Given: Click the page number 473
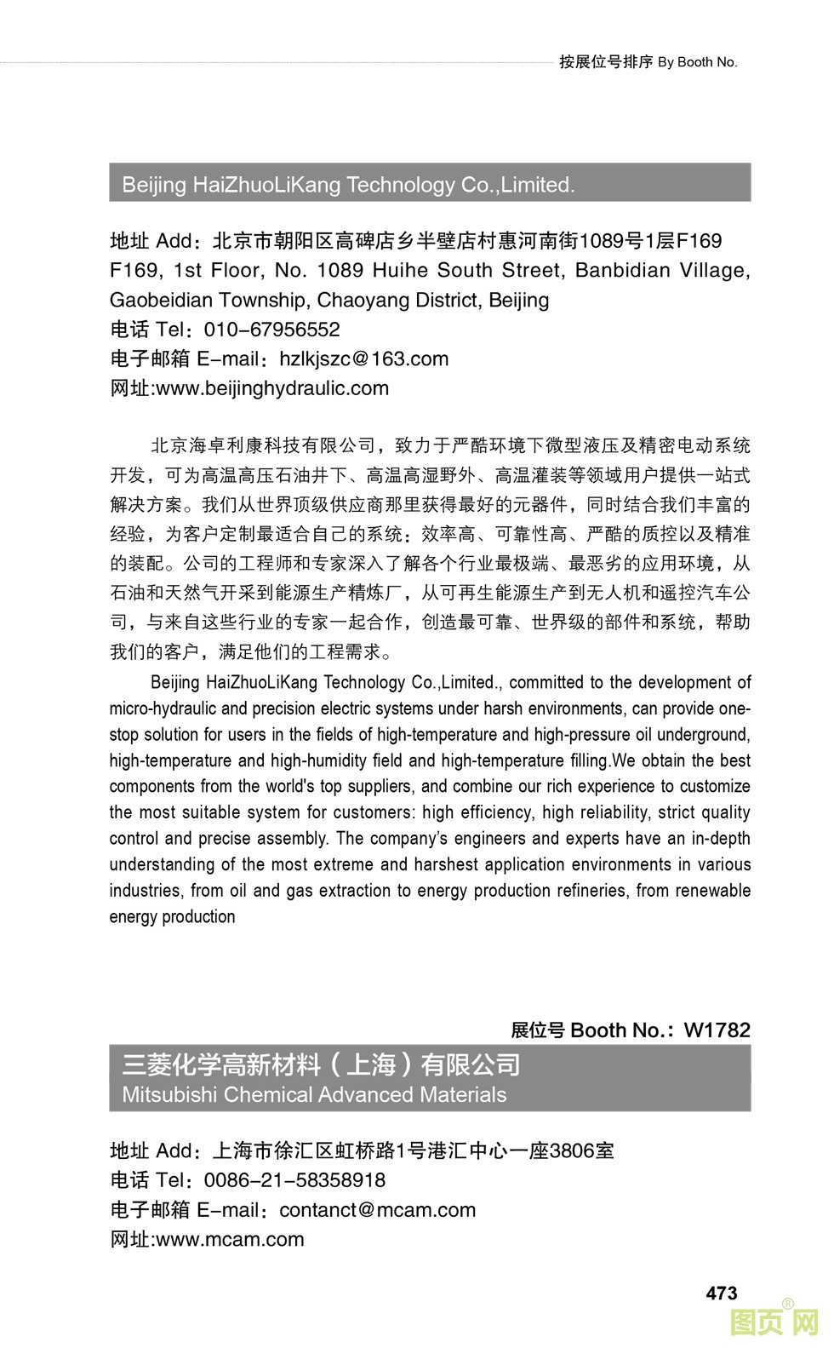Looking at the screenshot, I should pyautogui.click(x=721, y=1293).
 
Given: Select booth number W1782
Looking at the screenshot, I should pyautogui.click(x=717, y=1030).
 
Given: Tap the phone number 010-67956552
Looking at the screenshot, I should pyautogui.click(x=271, y=330).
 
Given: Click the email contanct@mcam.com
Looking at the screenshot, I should pyautogui.click(x=377, y=1210).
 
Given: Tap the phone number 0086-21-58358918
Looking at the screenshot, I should pyautogui.click(x=294, y=1180).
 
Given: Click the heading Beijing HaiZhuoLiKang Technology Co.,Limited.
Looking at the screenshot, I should pyautogui.click(x=348, y=185).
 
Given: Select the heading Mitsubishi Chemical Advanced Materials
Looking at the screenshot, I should pyautogui.click(x=314, y=1095).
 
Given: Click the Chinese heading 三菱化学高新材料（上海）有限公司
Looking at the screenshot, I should pyautogui.click(x=321, y=1064).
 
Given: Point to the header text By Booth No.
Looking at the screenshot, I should pyautogui.click(x=697, y=62).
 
